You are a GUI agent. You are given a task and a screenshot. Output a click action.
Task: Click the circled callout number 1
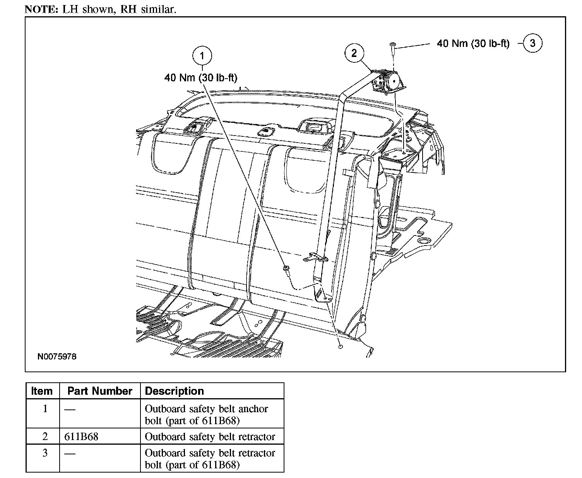coord(202,56)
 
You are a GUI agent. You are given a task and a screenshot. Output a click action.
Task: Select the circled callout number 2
coord(354,53)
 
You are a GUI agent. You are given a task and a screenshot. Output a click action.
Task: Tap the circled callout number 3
coord(532,43)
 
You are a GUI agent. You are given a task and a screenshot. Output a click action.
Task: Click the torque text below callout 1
coord(201,78)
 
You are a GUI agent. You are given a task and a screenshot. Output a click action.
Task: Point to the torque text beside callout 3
coord(473,43)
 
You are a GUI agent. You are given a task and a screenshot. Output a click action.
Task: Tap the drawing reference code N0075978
coord(57,356)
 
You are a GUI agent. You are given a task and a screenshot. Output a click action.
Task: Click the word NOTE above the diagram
coord(41,9)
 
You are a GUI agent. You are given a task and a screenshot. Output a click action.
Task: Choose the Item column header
coord(42,391)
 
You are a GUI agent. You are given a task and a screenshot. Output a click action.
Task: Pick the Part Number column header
coord(99,391)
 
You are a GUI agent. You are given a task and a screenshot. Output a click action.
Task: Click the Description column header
coord(174,391)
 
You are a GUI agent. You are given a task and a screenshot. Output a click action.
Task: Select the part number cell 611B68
coord(81,437)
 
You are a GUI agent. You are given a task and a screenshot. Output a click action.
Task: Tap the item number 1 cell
coord(45,409)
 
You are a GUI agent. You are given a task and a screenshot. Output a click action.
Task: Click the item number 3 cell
coord(45,453)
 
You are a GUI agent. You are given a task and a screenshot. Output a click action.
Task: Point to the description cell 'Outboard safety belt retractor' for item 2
coord(210,437)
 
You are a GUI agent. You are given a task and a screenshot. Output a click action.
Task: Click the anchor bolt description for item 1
coord(206,414)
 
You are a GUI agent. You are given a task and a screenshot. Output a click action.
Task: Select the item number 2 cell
coord(45,437)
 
